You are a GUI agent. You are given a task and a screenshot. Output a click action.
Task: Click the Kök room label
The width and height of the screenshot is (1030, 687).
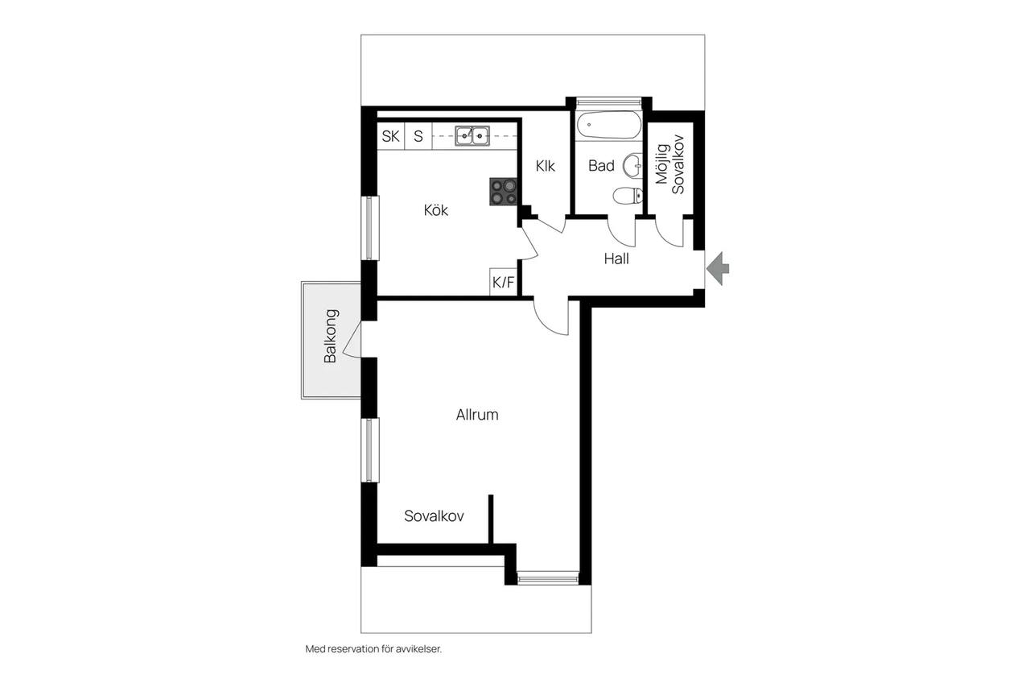click(435, 210)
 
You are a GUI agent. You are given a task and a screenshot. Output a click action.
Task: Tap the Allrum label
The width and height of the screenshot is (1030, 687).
click(477, 415)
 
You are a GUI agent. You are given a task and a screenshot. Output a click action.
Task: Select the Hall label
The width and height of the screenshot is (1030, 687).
click(616, 259)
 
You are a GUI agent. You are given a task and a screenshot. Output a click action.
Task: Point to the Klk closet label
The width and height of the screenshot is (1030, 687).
click(545, 166)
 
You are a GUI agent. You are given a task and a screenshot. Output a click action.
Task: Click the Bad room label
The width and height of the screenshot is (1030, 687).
click(601, 166)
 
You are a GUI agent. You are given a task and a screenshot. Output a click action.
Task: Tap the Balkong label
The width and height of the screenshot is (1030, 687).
click(331, 336)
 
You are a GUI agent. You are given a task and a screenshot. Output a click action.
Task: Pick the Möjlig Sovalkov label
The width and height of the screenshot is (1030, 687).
click(670, 165)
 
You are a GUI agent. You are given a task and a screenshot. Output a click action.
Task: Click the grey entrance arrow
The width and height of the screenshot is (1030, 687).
click(718, 268)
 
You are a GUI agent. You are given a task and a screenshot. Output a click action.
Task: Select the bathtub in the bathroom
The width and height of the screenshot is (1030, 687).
click(609, 124)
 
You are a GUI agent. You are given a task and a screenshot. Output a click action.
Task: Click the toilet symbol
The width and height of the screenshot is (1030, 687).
click(628, 196)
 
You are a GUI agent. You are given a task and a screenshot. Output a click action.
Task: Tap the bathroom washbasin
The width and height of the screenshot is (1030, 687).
click(632, 165)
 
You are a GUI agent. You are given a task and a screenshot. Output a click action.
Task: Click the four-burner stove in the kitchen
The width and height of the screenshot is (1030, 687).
click(503, 192)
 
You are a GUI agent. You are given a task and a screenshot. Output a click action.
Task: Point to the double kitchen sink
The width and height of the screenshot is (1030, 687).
click(472, 136)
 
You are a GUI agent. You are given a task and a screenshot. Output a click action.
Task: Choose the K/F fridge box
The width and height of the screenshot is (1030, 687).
click(503, 282)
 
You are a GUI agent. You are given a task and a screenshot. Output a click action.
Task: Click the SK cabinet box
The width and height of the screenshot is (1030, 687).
click(391, 136)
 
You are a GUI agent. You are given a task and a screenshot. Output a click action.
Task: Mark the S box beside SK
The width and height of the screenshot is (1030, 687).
click(418, 136)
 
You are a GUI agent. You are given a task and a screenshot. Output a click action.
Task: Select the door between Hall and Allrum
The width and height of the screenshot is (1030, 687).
click(551, 318)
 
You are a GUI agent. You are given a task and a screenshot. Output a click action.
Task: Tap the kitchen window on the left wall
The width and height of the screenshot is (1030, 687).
click(369, 228)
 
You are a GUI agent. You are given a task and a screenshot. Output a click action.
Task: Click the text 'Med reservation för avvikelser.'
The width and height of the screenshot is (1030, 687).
click(373, 649)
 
